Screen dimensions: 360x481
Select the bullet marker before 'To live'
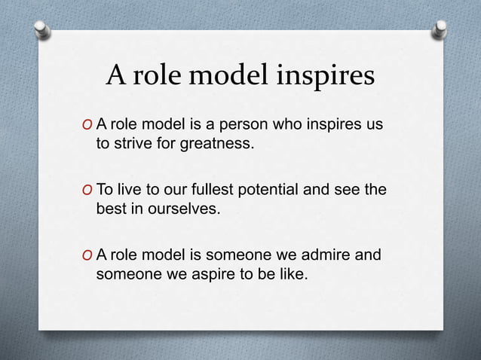coord(87,191)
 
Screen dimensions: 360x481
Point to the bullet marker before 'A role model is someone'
coord(87,257)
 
